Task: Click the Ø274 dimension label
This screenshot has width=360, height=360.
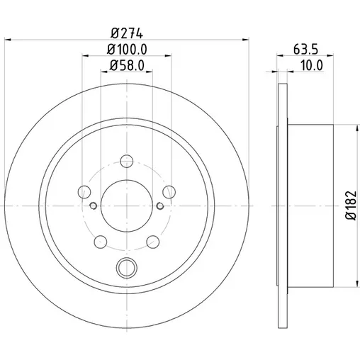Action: (127, 33)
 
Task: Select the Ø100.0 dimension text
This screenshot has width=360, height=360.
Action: (127, 50)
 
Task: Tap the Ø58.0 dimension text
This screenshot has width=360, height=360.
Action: (127, 65)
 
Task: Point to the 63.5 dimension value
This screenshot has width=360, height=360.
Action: (306, 50)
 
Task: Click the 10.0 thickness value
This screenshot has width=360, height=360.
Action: (312, 65)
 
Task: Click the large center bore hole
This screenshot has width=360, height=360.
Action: (127, 206)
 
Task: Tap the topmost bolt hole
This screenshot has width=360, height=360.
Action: (127, 161)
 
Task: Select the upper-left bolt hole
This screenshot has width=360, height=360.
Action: (84, 192)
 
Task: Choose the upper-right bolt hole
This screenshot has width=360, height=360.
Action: (169, 192)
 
